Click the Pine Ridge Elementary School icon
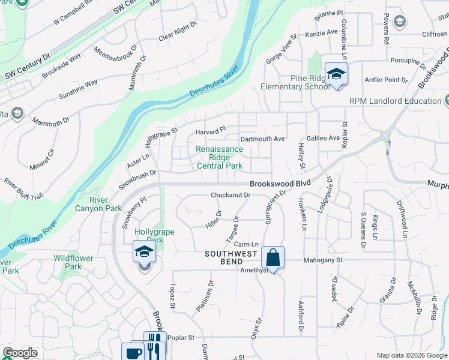pyautogui.click(x=336, y=74)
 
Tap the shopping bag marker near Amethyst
pyautogui.click(x=273, y=258)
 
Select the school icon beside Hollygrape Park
pyautogui.click(x=144, y=252)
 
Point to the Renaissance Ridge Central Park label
pyautogui.click(x=220, y=157)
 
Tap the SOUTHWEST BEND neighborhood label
pyautogui.click(x=231, y=254)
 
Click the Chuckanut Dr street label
pyautogui.click(x=230, y=195)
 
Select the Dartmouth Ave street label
pyautogui.click(x=262, y=139)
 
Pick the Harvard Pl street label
pyautogui.click(x=210, y=129)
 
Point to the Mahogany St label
pyautogui.click(x=314, y=260)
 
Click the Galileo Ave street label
pyautogui.click(x=324, y=138)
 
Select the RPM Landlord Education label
pyautogui.click(x=396, y=101)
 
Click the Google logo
pyautogui.click(x=19, y=353)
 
